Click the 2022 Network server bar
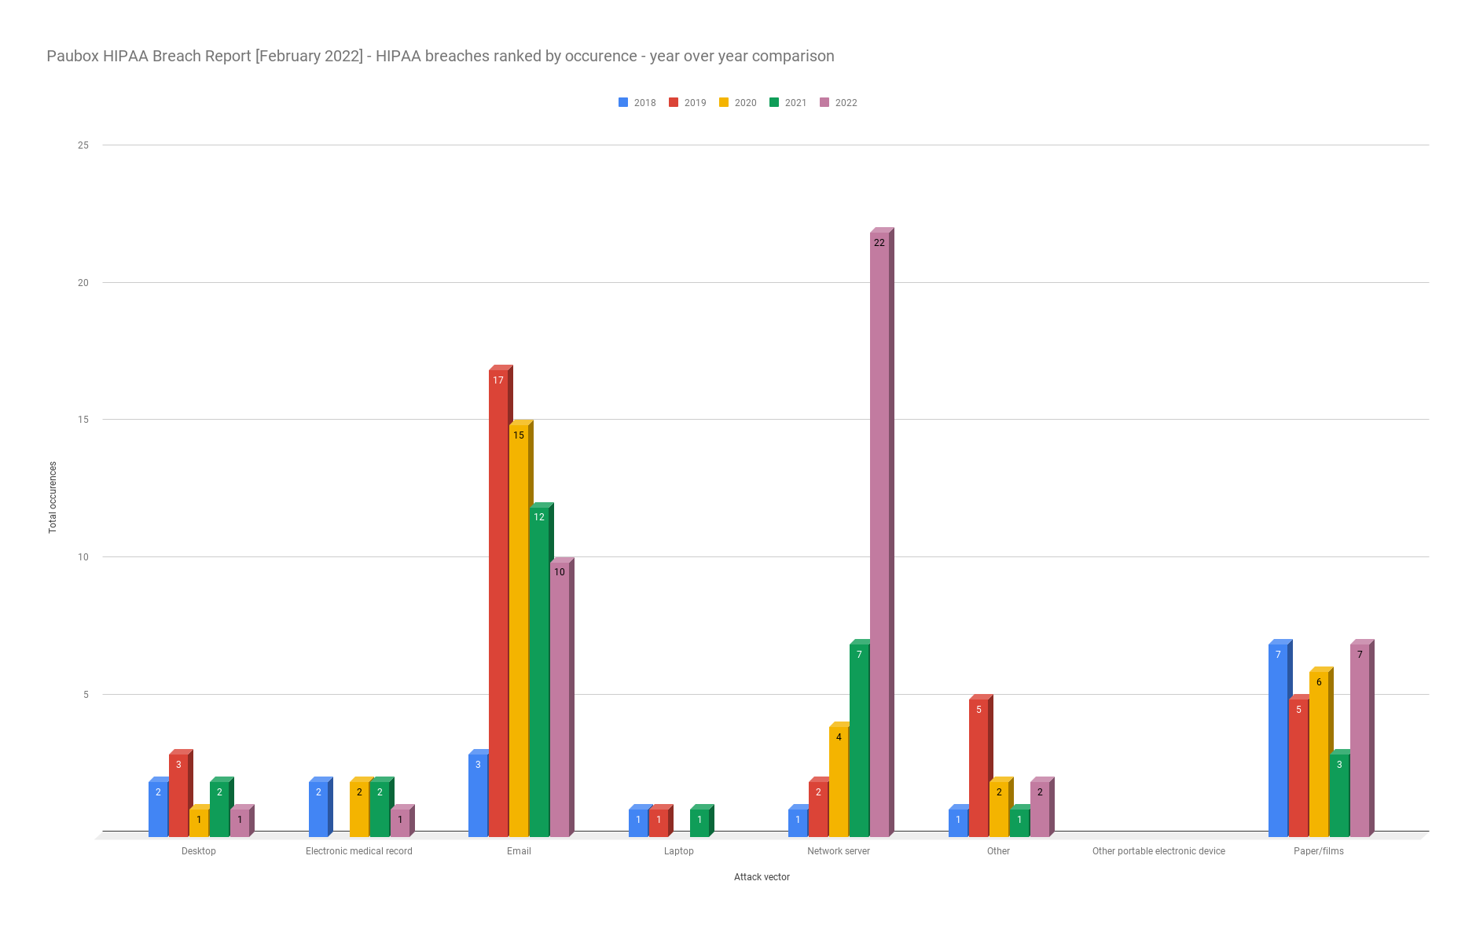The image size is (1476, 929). (x=879, y=534)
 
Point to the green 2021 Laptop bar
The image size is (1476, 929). (x=699, y=822)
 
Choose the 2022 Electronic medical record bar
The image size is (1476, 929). (x=400, y=822)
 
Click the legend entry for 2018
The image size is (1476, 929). (x=637, y=103)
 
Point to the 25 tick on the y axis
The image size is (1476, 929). (x=83, y=145)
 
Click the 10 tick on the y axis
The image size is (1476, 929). (x=83, y=557)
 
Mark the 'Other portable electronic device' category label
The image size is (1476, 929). (x=1158, y=851)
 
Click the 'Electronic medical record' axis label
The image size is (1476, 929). (x=359, y=851)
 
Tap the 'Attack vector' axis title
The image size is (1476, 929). (x=762, y=877)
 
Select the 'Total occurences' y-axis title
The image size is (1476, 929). (x=53, y=498)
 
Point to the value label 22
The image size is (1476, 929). (x=879, y=243)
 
